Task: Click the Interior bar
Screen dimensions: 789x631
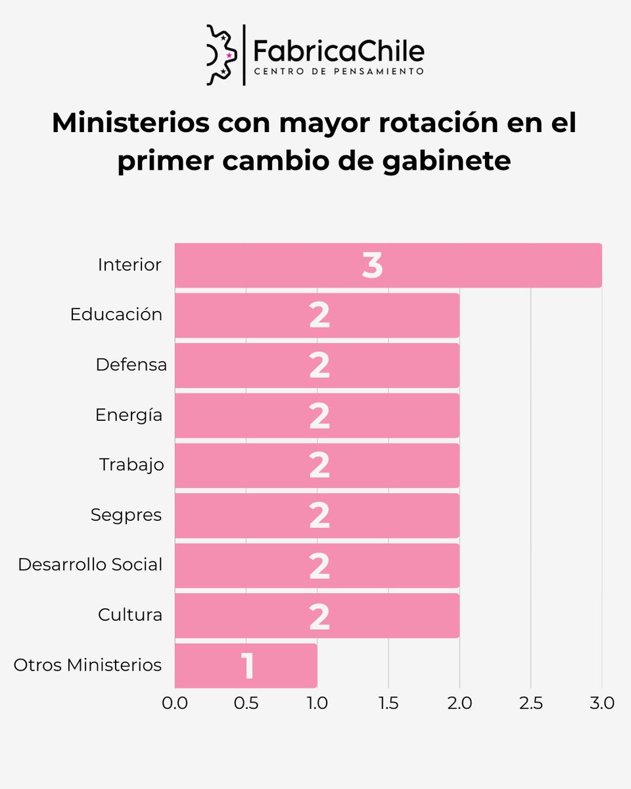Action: (x=388, y=266)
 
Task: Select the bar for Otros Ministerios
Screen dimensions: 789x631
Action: (x=246, y=665)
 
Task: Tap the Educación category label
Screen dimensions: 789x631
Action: (x=116, y=314)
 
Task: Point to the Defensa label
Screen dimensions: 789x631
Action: (x=131, y=364)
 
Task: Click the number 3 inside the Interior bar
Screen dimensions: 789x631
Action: (x=372, y=266)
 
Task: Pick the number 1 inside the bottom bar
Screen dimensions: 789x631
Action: (x=247, y=666)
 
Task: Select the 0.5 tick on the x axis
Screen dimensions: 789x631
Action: (x=246, y=703)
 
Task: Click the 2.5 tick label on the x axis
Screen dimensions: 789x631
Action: (x=530, y=703)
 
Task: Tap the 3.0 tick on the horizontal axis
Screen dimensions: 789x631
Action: (x=601, y=703)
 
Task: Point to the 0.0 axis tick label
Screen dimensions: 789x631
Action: (x=175, y=703)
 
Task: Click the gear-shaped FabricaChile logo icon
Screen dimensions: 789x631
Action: (x=221, y=55)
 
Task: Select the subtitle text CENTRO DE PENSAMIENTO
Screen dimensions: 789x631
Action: (x=339, y=71)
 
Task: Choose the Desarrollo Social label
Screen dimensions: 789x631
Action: (x=90, y=564)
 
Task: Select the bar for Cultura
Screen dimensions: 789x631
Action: (x=317, y=615)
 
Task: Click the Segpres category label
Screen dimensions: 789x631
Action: (x=126, y=514)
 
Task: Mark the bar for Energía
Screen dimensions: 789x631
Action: (x=317, y=416)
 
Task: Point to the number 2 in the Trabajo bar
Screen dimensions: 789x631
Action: (x=319, y=466)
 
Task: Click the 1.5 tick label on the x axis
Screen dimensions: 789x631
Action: (x=388, y=703)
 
